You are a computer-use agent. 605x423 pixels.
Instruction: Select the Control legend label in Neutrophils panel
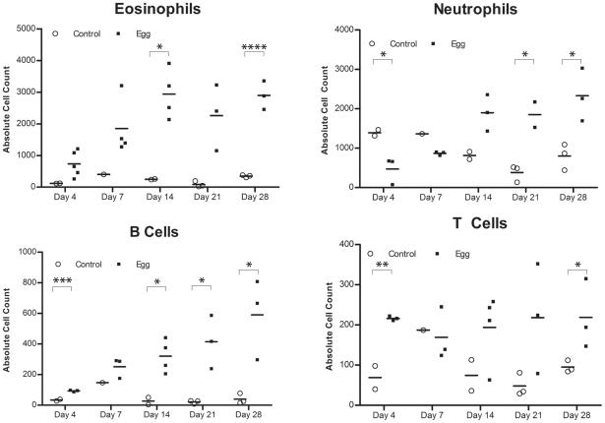point(402,43)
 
